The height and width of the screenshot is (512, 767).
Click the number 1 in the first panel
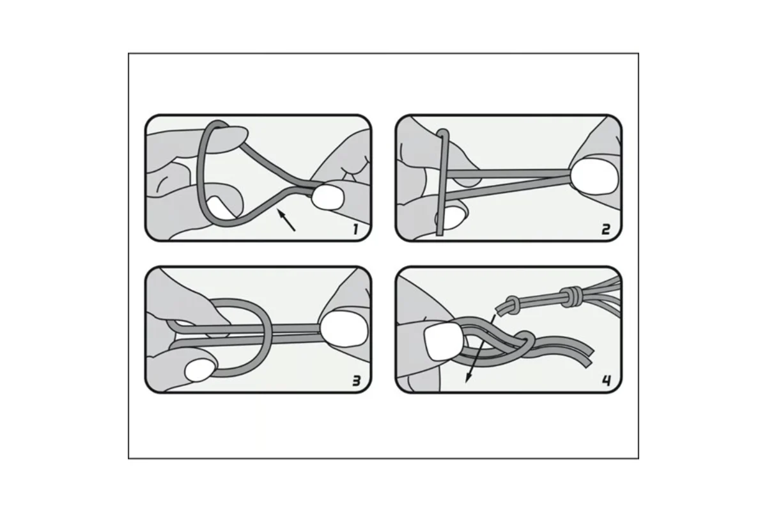point(356,229)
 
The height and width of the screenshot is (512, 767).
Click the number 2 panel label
point(606,229)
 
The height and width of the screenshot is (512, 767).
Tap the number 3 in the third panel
point(357,381)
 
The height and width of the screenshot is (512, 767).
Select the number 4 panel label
point(607,381)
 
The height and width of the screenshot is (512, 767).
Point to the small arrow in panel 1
point(286,220)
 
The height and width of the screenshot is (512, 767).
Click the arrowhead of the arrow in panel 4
point(469,378)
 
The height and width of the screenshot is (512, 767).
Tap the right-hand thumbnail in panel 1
point(328,197)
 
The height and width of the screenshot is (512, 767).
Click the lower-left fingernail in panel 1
point(219,207)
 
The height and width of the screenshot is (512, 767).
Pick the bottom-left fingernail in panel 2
point(451,218)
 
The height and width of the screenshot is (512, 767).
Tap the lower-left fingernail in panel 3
point(199,370)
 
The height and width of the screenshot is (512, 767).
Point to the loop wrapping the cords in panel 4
point(525,342)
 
